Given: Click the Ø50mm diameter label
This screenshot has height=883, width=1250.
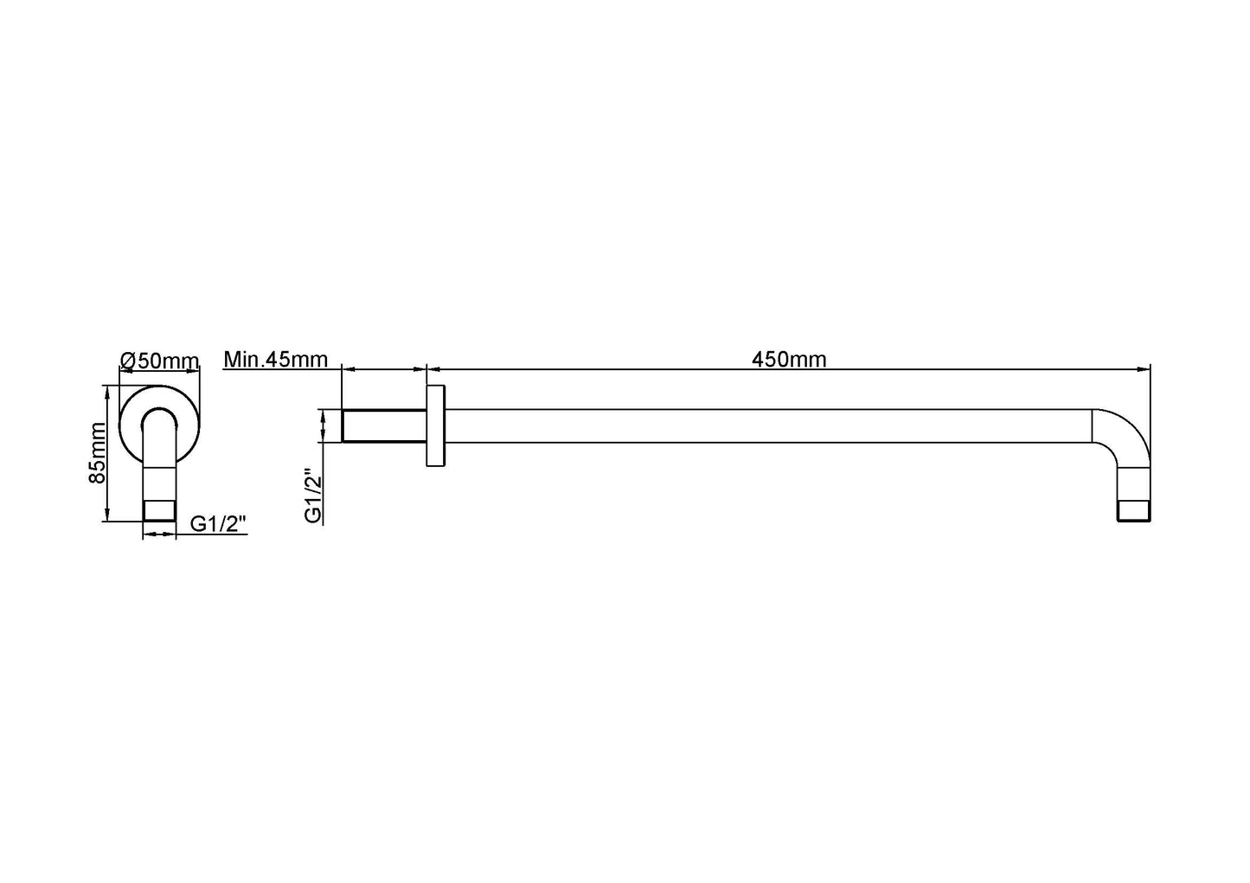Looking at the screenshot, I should (160, 360).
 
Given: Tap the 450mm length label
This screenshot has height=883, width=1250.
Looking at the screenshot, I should (789, 360).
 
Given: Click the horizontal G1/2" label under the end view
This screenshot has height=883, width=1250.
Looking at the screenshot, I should (219, 523).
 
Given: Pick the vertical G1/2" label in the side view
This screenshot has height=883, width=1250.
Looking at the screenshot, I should (313, 496).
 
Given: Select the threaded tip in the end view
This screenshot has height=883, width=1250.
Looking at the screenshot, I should (159, 510).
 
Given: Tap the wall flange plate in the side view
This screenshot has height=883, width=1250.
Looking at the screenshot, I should (435, 427).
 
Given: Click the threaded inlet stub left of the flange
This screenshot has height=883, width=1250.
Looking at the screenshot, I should (384, 426).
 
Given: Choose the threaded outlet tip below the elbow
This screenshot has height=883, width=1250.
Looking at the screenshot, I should (1133, 510).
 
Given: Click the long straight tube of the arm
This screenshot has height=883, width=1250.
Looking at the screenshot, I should (761, 426).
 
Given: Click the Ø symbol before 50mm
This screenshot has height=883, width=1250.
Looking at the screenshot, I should (127, 360).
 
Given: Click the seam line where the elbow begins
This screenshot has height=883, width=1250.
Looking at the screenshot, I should (1092, 426).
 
